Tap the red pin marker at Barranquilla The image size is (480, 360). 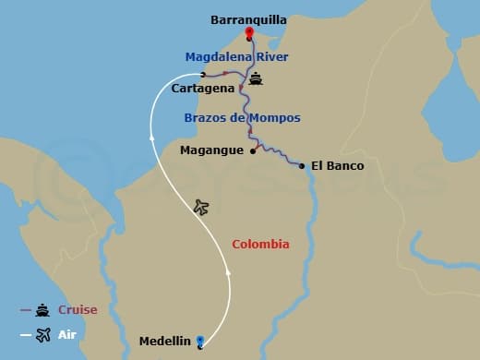pos(249,34)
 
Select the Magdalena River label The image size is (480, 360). pos(236,56)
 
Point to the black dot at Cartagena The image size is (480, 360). pos(203,75)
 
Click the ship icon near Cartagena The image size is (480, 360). pos(255,79)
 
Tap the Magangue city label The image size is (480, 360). pos(212,150)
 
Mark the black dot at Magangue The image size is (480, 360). pos(253,150)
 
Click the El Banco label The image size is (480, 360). pos(337,166)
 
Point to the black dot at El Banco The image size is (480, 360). pos(302,166)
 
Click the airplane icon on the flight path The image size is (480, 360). pos(202,207)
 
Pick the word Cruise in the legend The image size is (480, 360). pos(78,310)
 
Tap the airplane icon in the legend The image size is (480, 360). pos(42,334)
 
